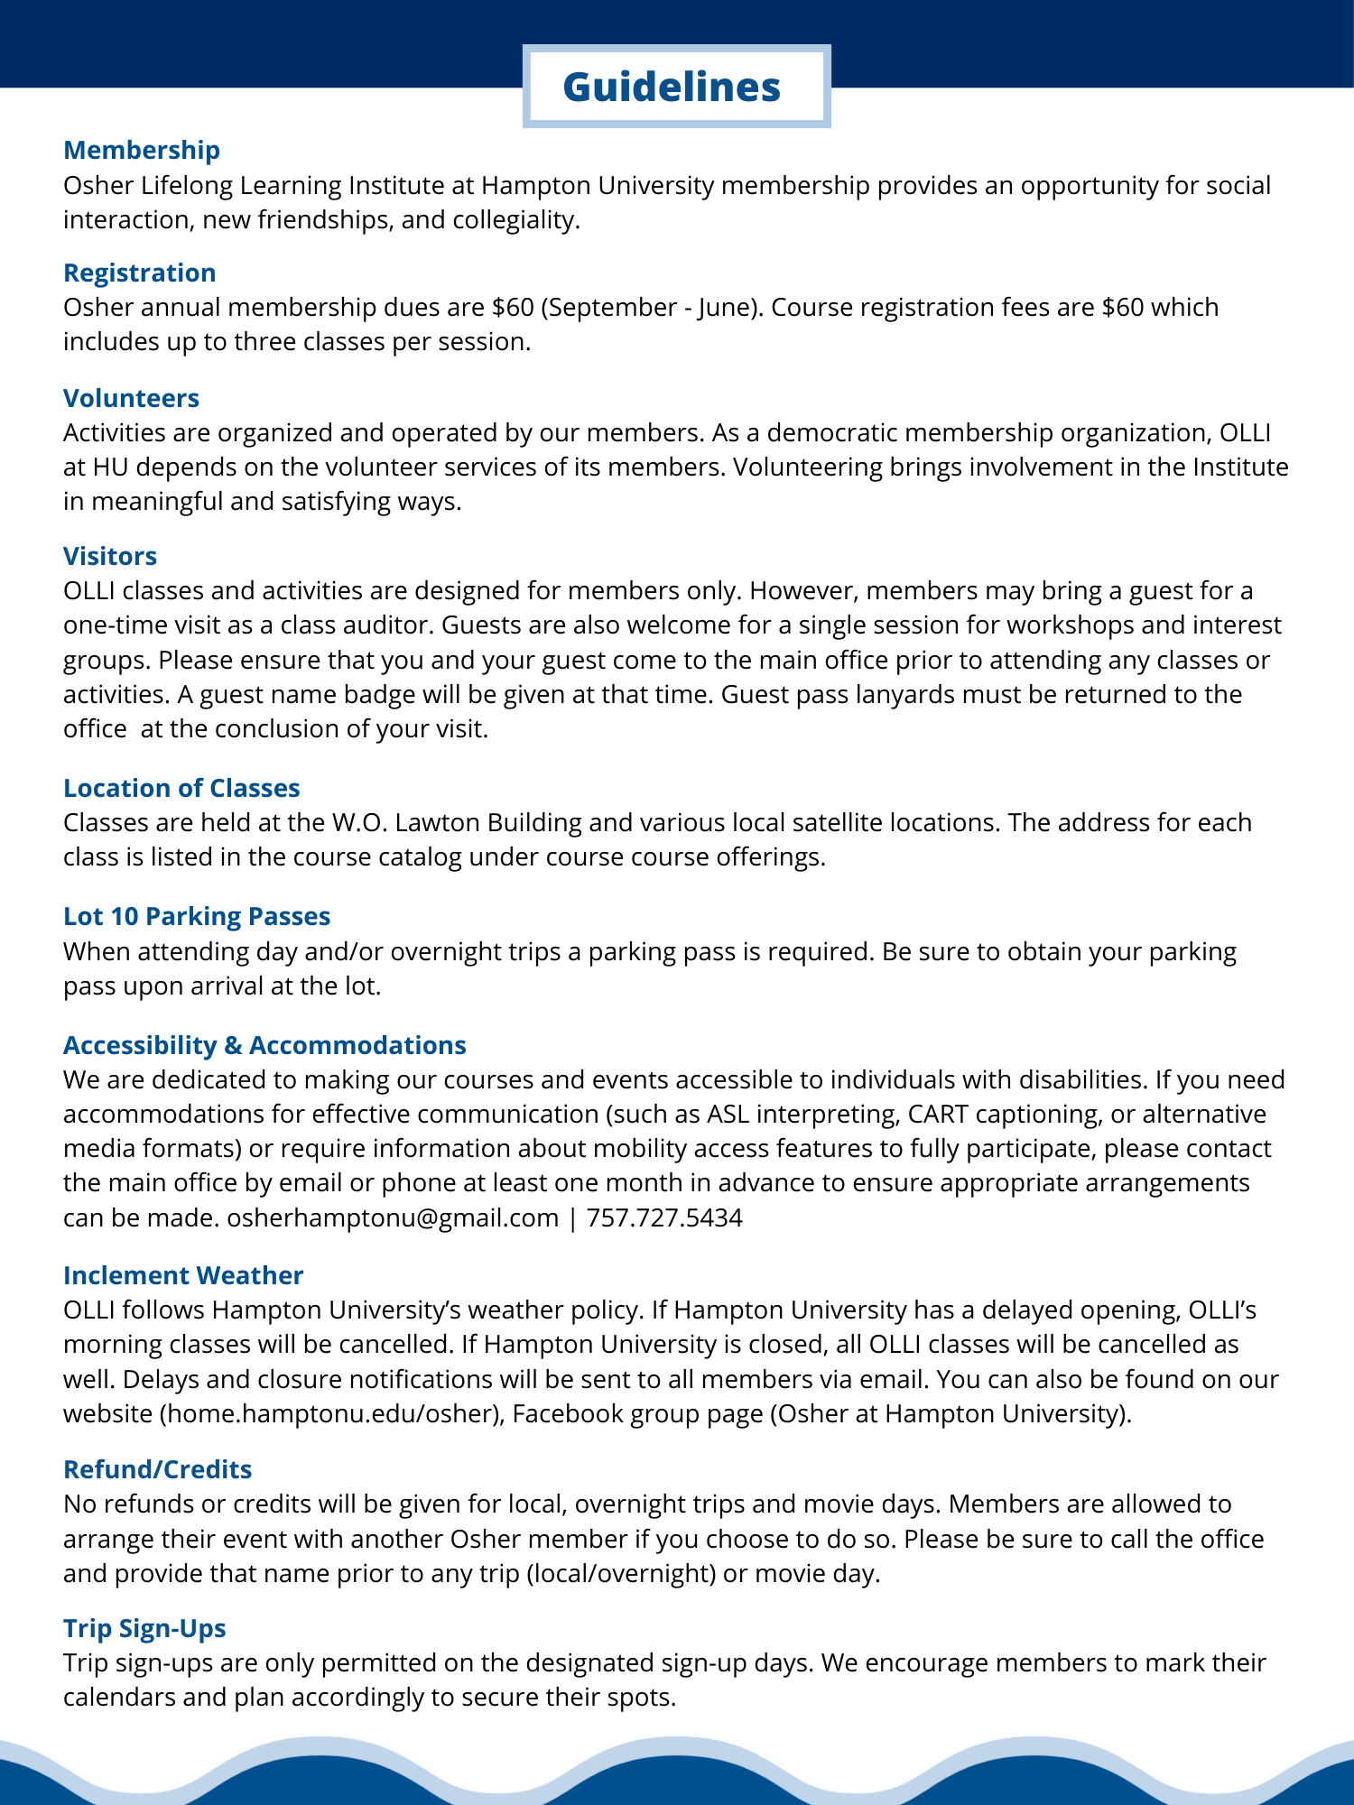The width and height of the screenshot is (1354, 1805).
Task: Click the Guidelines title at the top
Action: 672,88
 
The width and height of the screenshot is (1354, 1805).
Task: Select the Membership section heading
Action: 142,150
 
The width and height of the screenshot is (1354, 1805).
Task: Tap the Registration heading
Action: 140,273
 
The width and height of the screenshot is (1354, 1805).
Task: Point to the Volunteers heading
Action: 132,398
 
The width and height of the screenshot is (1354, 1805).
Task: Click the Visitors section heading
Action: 110,556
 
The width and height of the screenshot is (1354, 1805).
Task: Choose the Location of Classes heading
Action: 181,788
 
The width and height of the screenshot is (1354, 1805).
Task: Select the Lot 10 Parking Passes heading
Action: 197,916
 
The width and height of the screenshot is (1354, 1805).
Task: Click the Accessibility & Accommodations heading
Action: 264,1045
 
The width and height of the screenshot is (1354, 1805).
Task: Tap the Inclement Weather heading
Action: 183,1275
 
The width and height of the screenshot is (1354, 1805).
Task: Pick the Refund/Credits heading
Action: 158,1469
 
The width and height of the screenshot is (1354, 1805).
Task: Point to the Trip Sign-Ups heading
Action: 144,1628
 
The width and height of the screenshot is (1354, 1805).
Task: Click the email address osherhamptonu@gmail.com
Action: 393,1217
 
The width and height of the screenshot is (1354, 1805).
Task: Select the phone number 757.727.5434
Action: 664,1217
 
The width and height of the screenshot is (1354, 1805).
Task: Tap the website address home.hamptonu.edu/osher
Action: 329,1413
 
